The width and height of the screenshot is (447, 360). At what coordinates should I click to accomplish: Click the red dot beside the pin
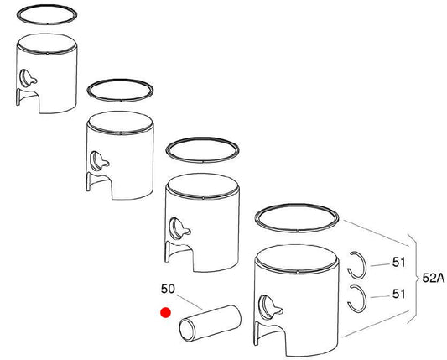coord(165,313)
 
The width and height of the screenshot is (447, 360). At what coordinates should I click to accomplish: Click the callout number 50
coord(168,289)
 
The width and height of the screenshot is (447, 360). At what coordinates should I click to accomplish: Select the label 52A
coord(434,278)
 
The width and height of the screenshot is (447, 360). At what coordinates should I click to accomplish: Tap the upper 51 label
coord(398,262)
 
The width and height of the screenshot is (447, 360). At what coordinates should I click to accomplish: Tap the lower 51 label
coord(398,294)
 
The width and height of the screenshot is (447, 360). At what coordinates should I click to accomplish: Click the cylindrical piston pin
coord(210,323)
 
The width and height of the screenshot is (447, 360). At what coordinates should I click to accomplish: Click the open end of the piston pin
coord(187,330)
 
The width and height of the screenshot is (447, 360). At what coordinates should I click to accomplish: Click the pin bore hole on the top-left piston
coord(26,78)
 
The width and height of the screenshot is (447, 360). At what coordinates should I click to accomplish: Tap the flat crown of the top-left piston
coord(47,44)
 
